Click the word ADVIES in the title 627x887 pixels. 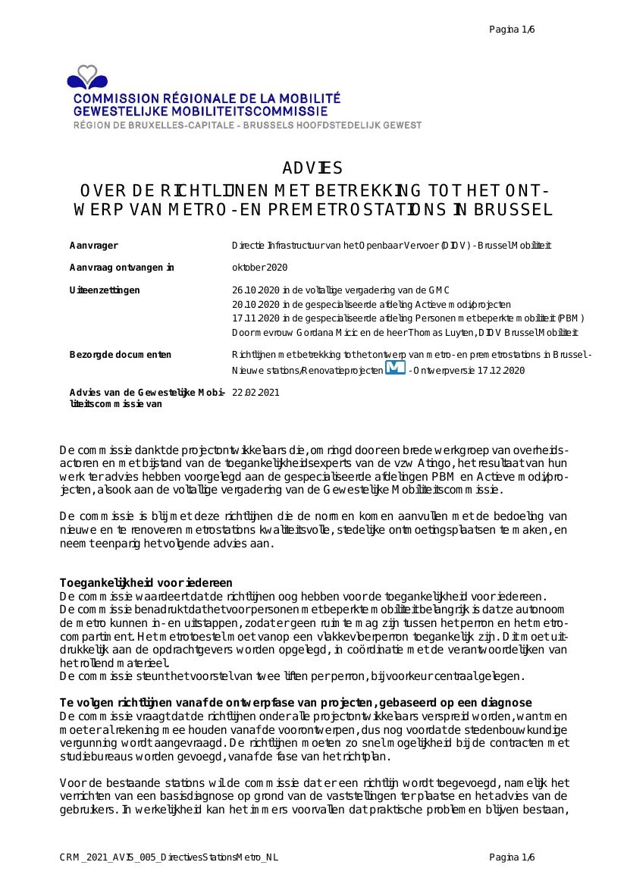(x=312, y=168)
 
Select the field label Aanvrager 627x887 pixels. (x=94, y=246)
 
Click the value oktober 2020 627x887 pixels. (x=259, y=268)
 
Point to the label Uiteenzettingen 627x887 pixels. (x=105, y=290)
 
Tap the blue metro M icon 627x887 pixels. (x=395, y=368)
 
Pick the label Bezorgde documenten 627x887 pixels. (x=121, y=355)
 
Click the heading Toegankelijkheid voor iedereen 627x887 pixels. (x=146, y=583)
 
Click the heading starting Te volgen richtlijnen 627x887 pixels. (x=296, y=703)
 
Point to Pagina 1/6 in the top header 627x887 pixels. (x=512, y=30)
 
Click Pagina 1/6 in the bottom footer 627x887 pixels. (x=512, y=857)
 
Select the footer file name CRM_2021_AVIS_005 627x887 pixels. (x=169, y=857)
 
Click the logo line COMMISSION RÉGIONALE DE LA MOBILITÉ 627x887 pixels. (x=207, y=99)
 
